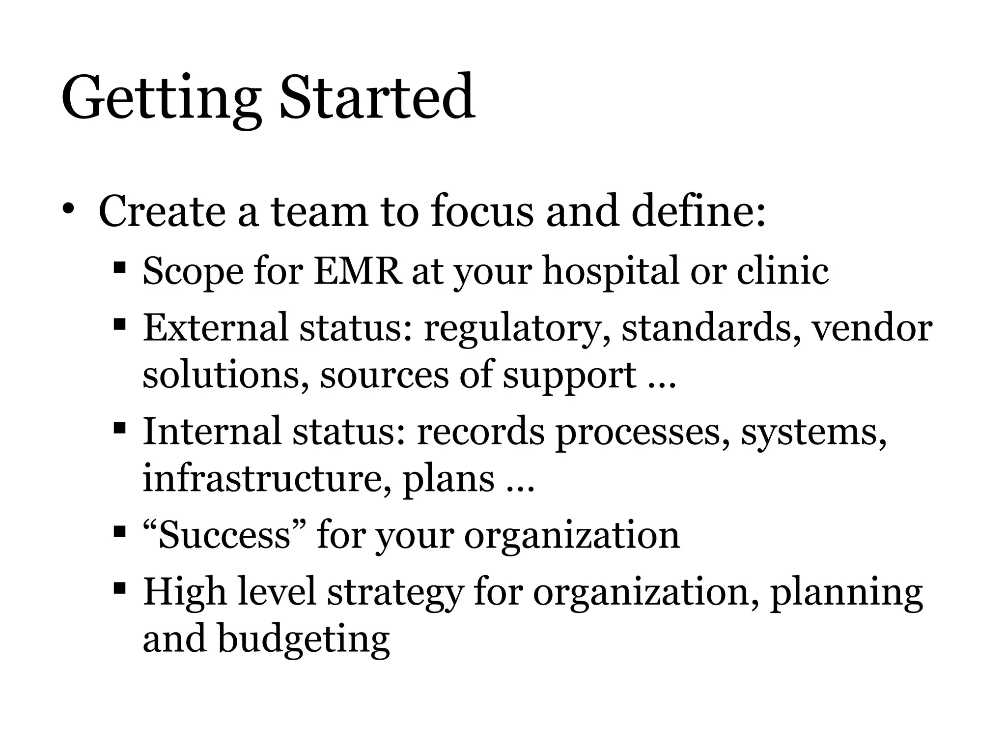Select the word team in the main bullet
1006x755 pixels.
319,211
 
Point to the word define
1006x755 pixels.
698,211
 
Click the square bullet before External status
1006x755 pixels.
119,324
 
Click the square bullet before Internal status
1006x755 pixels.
119,427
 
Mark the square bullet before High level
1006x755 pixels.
119,587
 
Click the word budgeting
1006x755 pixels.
304,640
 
